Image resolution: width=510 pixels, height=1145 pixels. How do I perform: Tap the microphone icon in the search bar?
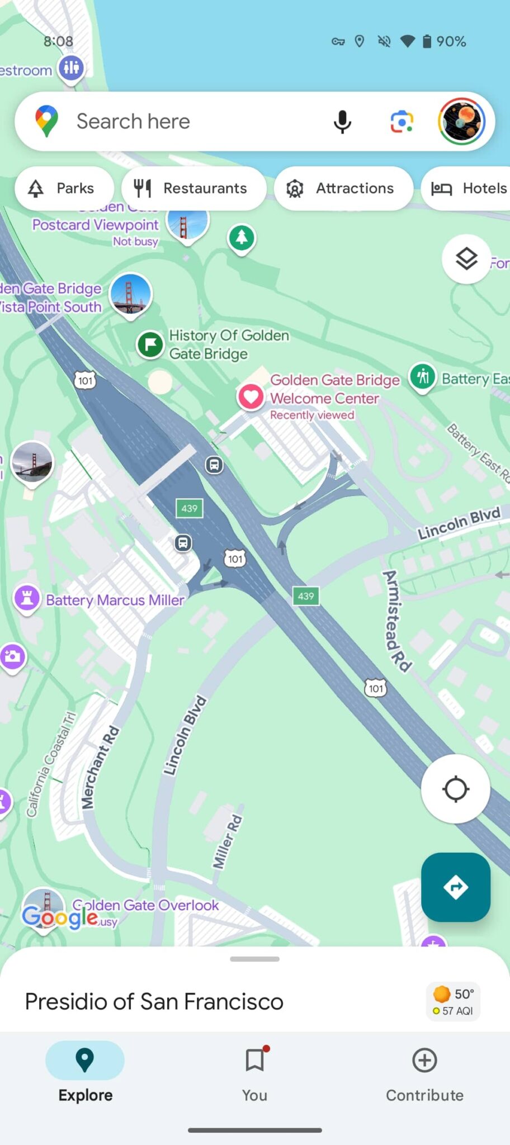pyautogui.click(x=342, y=121)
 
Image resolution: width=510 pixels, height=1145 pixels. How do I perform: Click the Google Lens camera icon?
pyautogui.click(x=402, y=121)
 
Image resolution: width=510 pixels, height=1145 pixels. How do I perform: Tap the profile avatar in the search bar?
pyautogui.click(x=462, y=121)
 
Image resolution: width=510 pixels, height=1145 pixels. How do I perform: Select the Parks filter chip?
pyautogui.click(x=64, y=188)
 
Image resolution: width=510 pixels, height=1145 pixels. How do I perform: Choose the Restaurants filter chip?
pyautogui.click(x=193, y=188)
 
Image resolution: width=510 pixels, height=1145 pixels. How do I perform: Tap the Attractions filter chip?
pyautogui.click(x=343, y=188)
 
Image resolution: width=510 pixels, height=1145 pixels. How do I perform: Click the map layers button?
pyautogui.click(x=466, y=259)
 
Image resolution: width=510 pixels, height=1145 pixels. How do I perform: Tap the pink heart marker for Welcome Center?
pyautogui.click(x=251, y=396)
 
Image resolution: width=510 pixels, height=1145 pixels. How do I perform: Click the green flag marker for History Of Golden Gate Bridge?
pyautogui.click(x=150, y=344)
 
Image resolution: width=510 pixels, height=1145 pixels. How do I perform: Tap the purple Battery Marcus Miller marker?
pyautogui.click(x=27, y=598)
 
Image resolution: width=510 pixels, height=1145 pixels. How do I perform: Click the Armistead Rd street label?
pyautogui.click(x=396, y=620)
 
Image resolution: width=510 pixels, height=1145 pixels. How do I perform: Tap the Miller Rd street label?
pyautogui.click(x=228, y=841)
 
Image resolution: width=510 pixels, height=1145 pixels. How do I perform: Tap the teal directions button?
pyautogui.click(x=456, y=887)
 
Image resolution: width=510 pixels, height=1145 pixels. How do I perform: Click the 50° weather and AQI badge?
pyautogui.click(x=454, y=1001)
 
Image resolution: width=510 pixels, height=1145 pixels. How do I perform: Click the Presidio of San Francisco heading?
pyautogui.click(x=154, y=1001)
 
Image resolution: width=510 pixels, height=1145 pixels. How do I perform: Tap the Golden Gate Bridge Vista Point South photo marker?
pyautogui.click(x=130, y=294)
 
